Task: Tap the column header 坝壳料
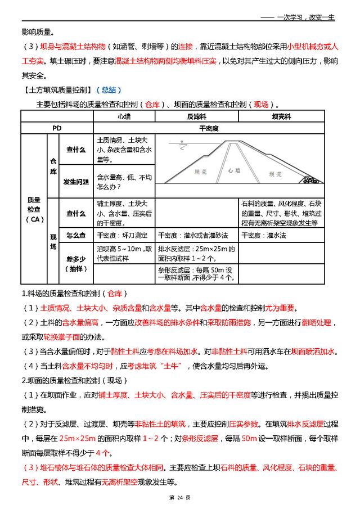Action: [280, 116]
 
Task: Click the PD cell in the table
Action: [57, 128]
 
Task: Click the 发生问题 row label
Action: [76, 182]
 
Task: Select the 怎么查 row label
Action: [76, 236]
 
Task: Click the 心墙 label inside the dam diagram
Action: [234, 170]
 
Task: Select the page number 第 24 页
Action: [180, 497]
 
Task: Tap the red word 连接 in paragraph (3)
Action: [187, 47]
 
